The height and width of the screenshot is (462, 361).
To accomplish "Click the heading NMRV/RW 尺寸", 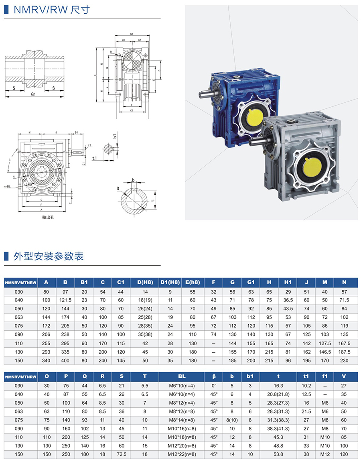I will click(52, 10).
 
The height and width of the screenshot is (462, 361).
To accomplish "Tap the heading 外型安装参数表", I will click(49, 256).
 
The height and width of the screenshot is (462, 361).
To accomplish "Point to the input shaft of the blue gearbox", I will click(205, 96).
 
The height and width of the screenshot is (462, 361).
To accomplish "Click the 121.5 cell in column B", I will click(66, 300).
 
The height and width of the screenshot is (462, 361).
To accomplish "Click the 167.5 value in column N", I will click(344, 343).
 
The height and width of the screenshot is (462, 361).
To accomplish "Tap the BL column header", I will click(182, 377).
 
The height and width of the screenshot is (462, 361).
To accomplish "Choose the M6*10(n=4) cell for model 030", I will click(182, 385).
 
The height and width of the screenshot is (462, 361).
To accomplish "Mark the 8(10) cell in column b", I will click(232, 420).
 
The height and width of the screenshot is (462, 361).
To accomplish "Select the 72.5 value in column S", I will click(122, 454).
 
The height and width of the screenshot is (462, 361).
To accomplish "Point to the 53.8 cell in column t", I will click(278, 454).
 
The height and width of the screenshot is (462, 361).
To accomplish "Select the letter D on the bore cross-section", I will click(118, 188).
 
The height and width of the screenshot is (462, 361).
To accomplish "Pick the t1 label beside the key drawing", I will click(95, 158).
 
